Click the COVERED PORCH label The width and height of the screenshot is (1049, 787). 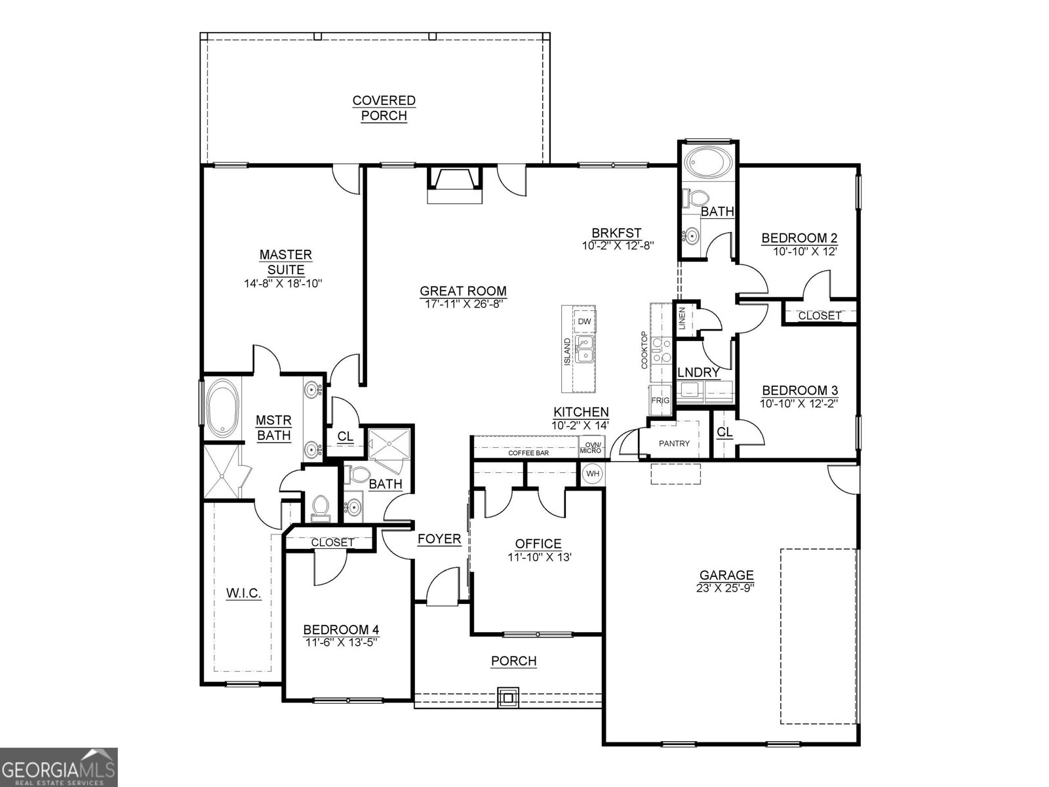[384, 108]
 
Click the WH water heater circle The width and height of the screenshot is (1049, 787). [592, 474]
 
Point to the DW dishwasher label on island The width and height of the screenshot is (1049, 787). [584, 321]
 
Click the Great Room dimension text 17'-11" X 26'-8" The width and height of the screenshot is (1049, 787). [463, 303]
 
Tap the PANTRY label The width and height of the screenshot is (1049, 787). [674, 444]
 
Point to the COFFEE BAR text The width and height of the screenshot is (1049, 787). [528, 453]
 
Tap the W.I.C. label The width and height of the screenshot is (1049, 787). [244, 594]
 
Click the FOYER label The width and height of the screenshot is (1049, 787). [439, 539]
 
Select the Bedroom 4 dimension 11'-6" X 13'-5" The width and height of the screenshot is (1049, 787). [341, 642]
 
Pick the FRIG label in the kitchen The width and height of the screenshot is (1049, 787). [659, 400]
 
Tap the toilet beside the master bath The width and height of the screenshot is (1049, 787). [320, 508]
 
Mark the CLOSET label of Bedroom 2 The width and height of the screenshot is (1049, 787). [819, 315]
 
